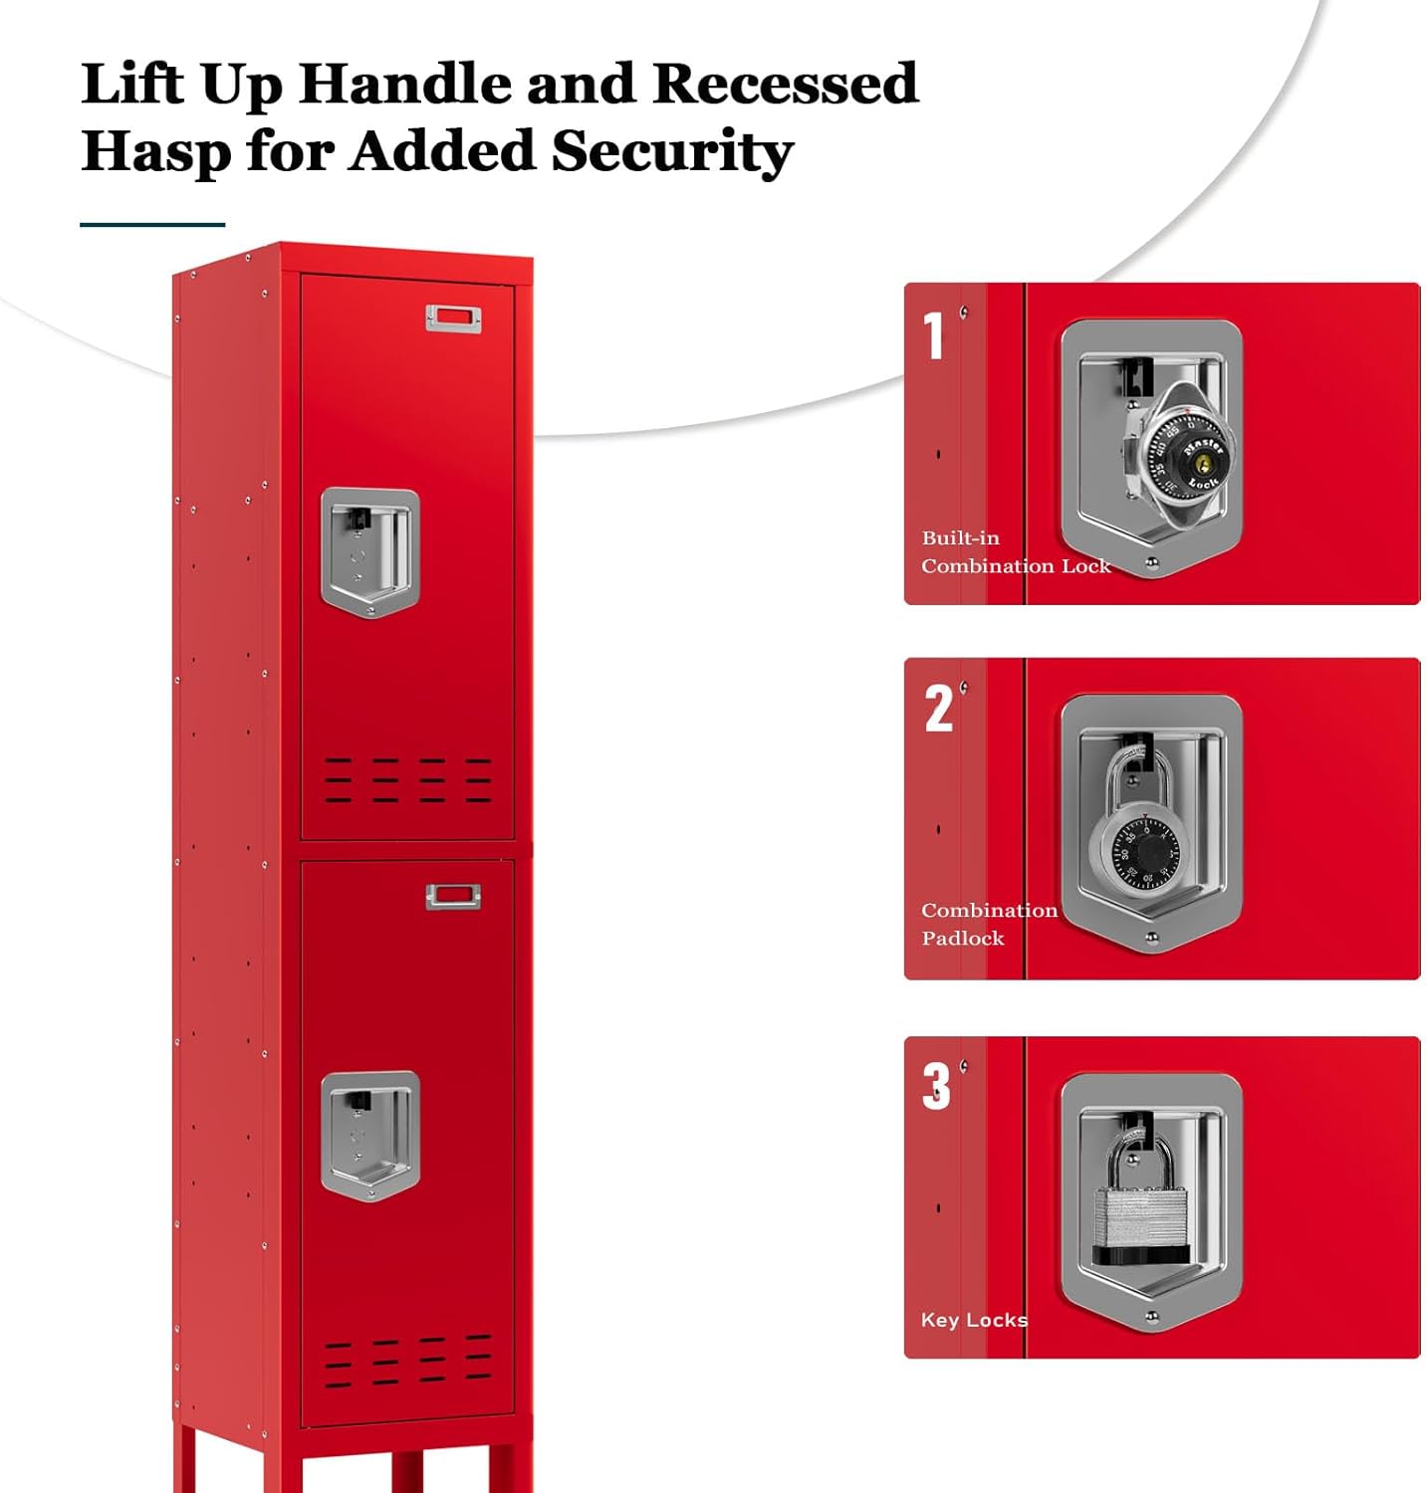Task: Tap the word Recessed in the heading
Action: point(785,84)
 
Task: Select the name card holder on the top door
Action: point(453,320)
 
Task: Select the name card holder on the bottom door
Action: point(453,897)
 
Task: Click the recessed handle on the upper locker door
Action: point(369,550)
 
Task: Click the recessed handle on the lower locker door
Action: point(369,1136)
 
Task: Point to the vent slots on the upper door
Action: point(407,779)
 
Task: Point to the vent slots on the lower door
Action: point(407,1361)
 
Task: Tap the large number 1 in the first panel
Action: point(933,335)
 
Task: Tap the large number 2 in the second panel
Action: point(938,709)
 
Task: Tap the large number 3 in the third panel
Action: point(936,1086)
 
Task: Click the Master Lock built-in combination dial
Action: point(1185,454)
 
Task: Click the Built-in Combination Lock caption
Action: point(1014,551)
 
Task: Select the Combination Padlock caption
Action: point(988,924)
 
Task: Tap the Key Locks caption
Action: point(973,1320)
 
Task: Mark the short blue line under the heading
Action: point(152,225)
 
